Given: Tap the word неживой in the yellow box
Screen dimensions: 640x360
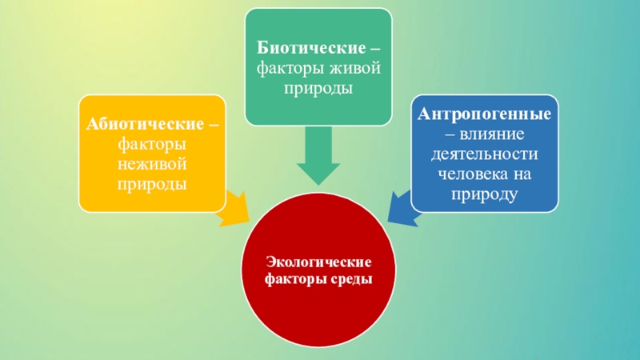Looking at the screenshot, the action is [152, 165].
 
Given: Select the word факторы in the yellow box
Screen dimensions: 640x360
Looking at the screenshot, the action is [152, 146].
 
